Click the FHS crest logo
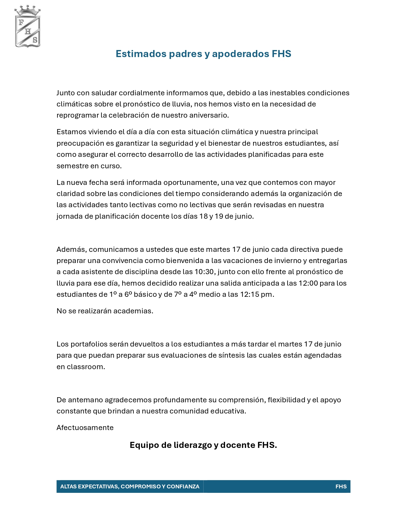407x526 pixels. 28,31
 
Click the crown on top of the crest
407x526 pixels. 28,11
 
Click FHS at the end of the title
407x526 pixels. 281,54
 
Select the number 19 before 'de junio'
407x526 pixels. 219,216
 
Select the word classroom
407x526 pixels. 86,367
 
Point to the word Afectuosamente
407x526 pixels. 85,427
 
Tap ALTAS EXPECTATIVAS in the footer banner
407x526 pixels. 89,486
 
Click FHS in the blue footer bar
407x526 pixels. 341,486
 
